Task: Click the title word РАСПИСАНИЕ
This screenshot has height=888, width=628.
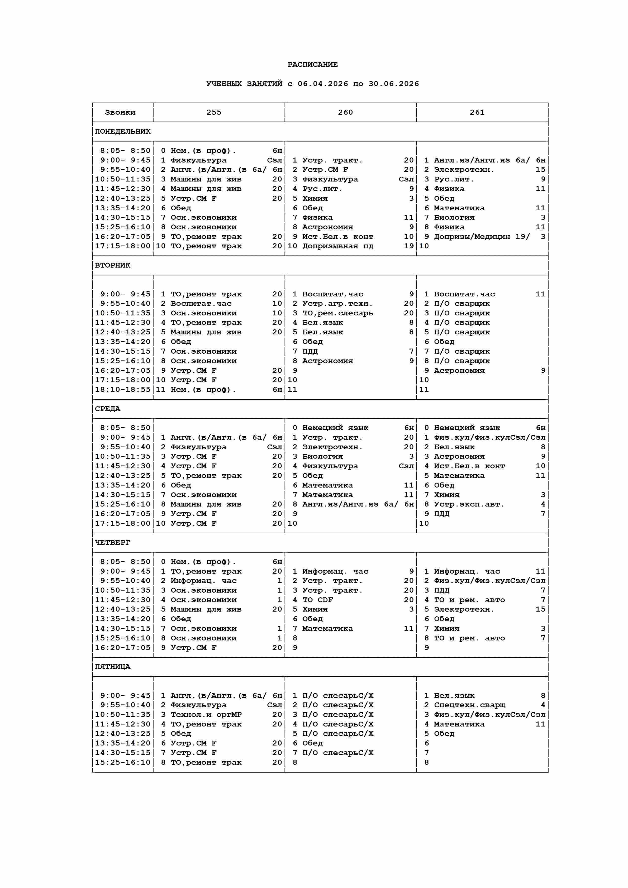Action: [x=312, y=65]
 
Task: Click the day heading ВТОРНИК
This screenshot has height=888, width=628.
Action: [x=113, y=265]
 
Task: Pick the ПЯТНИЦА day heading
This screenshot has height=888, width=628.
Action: [x=113, y=667]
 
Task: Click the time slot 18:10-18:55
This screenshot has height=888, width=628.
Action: [x=123, y=390]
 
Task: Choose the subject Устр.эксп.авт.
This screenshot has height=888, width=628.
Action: [x=469, y=504]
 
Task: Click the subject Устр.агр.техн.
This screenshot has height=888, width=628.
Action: [x=337, y=304]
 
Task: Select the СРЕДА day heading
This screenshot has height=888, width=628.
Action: [x=108, y=409]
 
